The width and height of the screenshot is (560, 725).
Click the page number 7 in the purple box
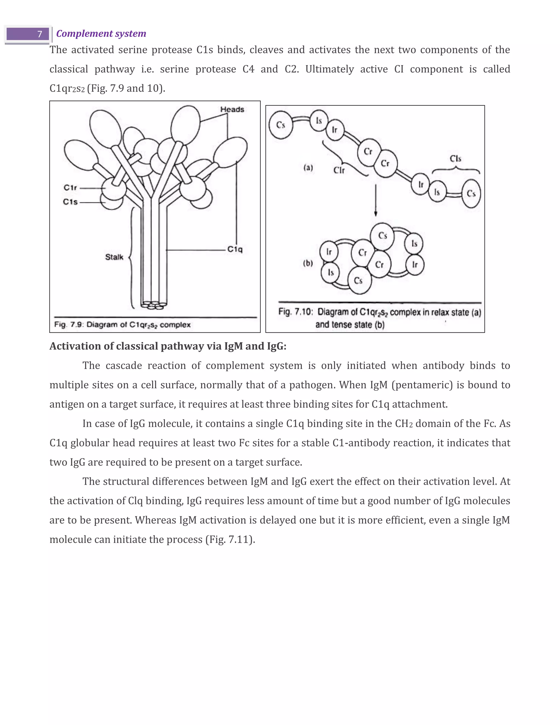click(39, 34)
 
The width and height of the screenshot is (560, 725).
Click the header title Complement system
click(101, 34)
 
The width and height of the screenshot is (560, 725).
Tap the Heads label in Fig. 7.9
click(232, 109)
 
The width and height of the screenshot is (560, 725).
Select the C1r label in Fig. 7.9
click(70, 188)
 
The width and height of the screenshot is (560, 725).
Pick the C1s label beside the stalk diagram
click(70, 202)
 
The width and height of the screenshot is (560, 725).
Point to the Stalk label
click(114, 257)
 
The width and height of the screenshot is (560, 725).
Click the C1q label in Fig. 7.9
click(235, 249)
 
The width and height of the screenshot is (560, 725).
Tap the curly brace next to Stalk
click(132, 257)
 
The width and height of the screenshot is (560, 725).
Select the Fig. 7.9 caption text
click(122, 325)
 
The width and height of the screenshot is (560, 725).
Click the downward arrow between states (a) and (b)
click(375, 201)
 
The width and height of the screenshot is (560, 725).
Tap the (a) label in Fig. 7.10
click(308, 168)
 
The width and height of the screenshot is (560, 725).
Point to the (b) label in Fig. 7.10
click(308, 263)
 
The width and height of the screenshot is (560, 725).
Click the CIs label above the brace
click(456, 159)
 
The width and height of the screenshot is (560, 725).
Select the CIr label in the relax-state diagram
click(339, 170)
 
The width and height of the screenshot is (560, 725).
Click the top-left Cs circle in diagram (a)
click(281, 125)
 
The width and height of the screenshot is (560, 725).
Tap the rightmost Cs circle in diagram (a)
click(471, 193)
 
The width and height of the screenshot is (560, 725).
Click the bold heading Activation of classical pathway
click(168, 346)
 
